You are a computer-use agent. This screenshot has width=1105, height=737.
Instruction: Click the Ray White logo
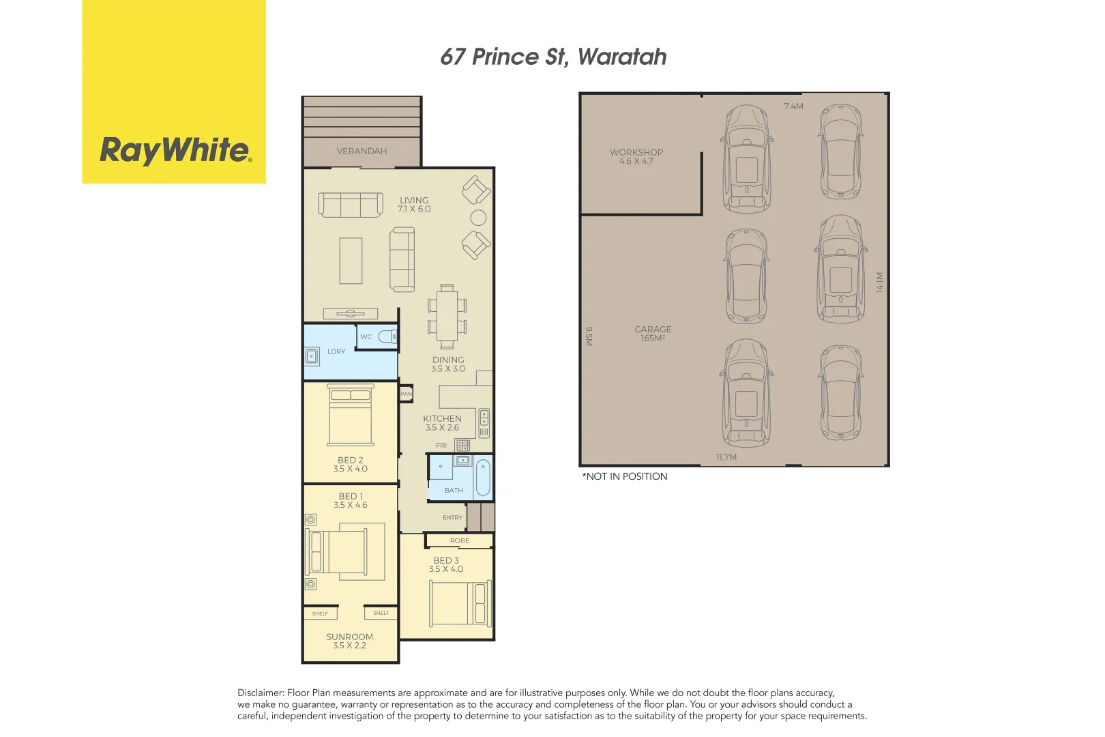coord(175,150)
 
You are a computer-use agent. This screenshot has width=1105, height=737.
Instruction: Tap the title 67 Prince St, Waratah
coord(553,57)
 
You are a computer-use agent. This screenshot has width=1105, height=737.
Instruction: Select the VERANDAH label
coord(362,151)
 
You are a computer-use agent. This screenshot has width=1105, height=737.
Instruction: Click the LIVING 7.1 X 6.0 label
coord(414,205)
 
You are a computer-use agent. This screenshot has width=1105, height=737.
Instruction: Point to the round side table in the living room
coord(479,218)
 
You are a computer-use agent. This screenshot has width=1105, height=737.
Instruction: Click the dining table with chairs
coord(447,317)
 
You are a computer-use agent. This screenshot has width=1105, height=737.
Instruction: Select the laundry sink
coord(312,356)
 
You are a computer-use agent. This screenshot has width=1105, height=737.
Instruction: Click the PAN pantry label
coord(406,394)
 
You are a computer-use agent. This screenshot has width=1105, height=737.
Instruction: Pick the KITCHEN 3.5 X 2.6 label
coord(442,423)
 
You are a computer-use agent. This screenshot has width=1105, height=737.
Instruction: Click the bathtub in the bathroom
coord(483,477)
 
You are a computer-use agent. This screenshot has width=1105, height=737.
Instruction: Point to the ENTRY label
coord(452,518)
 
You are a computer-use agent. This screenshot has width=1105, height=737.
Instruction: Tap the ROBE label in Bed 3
coord(460,540)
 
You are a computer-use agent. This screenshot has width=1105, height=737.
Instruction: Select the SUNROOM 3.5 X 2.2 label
coord(350,641)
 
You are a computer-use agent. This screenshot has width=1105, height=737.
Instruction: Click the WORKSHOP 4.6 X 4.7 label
coord(636,157)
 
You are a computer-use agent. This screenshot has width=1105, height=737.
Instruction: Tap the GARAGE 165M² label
coord(653,334)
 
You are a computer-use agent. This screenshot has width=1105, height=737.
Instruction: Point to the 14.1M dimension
coord(880,282)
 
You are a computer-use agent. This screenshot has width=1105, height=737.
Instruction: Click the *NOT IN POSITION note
coord(625,476)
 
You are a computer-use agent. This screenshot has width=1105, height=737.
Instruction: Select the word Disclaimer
coord(261,693)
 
